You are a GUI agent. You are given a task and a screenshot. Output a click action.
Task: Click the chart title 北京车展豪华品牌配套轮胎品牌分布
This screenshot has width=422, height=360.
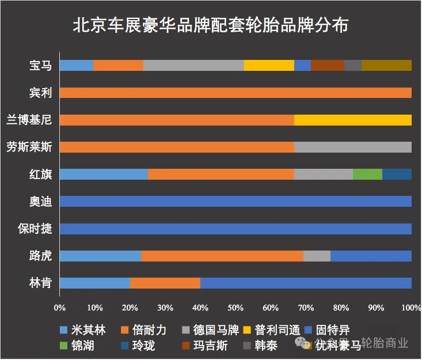click(211, 26)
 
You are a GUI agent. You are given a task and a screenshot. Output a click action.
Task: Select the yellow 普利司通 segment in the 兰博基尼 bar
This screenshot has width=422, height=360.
click(352, 120)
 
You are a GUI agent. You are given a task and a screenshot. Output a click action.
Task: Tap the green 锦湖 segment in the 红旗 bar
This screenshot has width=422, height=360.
click(367, 174)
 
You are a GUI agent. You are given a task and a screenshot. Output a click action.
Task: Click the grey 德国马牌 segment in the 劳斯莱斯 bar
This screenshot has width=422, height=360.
click(352, 147)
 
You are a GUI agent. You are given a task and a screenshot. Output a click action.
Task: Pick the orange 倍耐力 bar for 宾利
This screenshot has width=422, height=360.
click(235, 93)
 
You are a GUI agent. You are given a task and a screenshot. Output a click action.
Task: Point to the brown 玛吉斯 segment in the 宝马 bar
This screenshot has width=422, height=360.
click(327, 65)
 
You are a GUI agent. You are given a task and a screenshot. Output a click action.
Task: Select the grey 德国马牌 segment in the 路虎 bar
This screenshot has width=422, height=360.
click(317, 256)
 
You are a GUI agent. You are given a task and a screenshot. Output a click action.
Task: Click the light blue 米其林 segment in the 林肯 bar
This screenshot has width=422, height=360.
click(94, 283)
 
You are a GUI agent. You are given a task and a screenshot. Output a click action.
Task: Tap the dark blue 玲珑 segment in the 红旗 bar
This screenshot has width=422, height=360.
click(397, 174)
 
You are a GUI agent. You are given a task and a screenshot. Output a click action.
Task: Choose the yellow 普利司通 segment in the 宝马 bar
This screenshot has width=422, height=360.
click(269, 65)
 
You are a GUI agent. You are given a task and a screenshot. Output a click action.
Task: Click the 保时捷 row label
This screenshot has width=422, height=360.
click(35, 229)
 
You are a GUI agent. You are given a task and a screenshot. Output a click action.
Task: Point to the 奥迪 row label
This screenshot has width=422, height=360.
click(40, 202)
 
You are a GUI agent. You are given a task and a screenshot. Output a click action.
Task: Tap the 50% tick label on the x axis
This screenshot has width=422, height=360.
click(235, 308)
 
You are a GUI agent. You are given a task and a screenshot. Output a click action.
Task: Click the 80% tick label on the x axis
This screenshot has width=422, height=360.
click(340, 308)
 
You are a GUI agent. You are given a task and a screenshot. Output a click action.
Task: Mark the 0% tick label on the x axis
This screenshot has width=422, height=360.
click(59, 308)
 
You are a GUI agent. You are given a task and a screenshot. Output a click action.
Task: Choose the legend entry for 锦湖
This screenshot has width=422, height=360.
click(78, 346)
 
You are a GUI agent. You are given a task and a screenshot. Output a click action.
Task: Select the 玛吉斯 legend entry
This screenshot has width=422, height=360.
click(205, 346)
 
